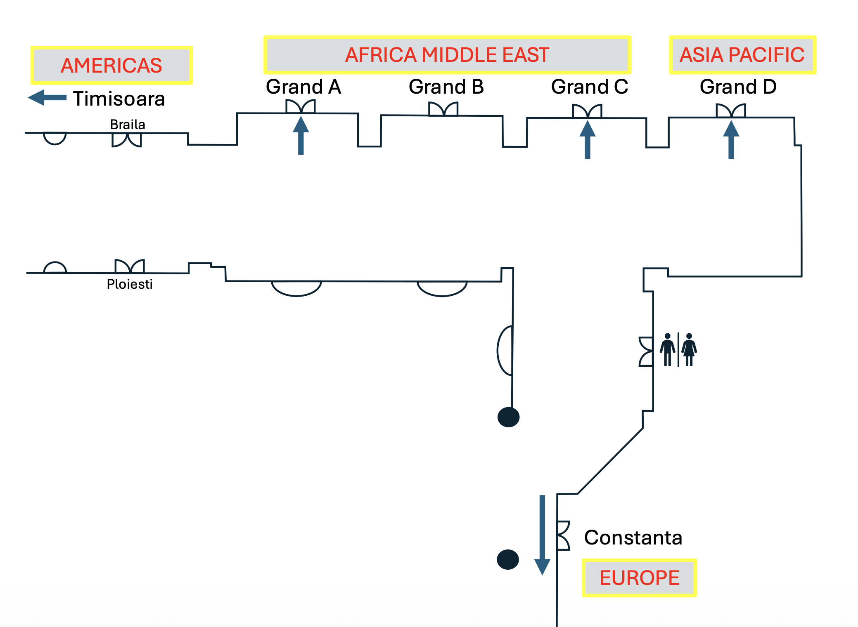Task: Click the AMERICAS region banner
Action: pyautogui.click(x=111, y=66)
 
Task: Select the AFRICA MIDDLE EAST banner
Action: pyautogui.click(x=447, y=55)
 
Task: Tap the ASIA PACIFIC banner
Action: pyautogui.click(x=742, y=55)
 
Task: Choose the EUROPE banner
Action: pyautogui.click(x=639, y=577)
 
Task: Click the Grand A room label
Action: pyautogui.click(x=303, y=87)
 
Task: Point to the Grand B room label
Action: pyautogui.click(x=446, y=87)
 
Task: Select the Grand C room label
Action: pyautogui.click(x=590, y=87)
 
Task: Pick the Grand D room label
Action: pyautogui.click(x=738, y=87)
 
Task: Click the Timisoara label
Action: pyautogui.click(x=119, y=99)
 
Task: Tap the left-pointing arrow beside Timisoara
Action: pyautogui.click(x=47, y=98)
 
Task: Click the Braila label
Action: pyautogui.click(x=128, y=125)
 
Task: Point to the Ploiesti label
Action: pyautogui.click(x=130, y=284)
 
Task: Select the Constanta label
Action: pyautogui.click(x=633, y=537)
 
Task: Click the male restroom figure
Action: pyautogui.click(x=667, y=350)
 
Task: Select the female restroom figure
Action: pyautogui.click(x=689, y=350)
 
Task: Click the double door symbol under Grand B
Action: pyautogui.click(x=443, y=109)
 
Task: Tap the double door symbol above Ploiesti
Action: pyautogui.click(x=130, y=266)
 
